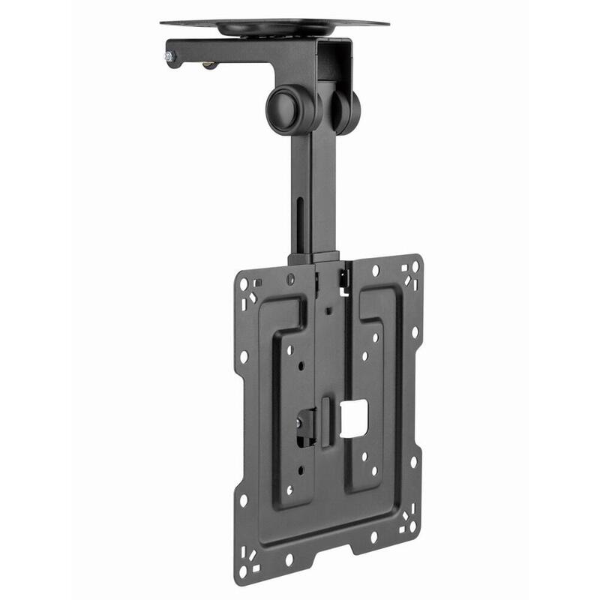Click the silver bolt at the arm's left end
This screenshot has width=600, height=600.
tap(169, 55)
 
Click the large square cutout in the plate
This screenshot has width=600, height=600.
tap(353, 417)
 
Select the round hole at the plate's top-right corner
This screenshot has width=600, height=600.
tap(414, 267)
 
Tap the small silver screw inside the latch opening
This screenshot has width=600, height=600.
tap(299, 424)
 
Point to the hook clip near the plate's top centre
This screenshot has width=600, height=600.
tap(344, 278)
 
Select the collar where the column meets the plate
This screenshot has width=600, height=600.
tap(313, 257)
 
